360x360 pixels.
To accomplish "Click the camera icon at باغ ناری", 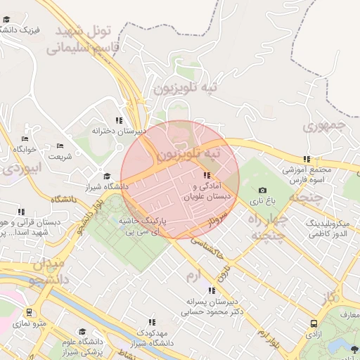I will pos(263,190).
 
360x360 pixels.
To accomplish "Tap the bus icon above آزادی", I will pos(313,324).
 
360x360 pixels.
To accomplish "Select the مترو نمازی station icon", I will pos(29,312).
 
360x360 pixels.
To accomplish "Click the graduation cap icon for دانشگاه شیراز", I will pos(107,176).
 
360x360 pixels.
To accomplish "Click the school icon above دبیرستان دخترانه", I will pos(119,120).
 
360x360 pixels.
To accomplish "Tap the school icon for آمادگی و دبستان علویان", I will pos(206,175).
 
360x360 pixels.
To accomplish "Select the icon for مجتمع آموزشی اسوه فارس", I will pos(306,160).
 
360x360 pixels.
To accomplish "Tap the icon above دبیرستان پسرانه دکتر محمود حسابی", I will pos(211,290).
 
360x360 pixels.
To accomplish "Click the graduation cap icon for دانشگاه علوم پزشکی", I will pos(82,331).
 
